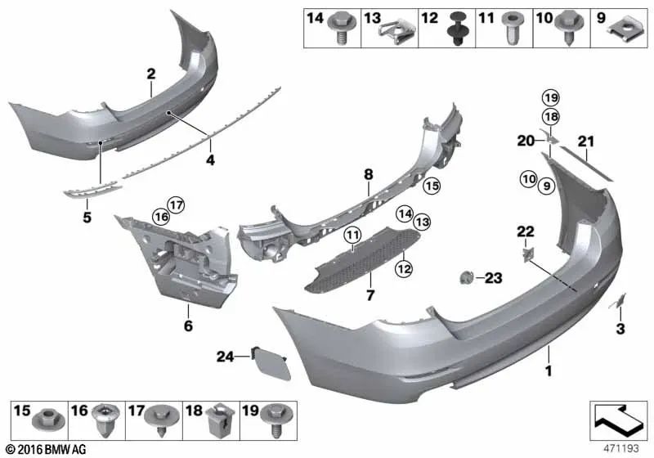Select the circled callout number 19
(549, 99)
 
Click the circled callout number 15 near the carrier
(432, 186)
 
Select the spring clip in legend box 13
(397, 33)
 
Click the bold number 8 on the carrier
(368, 174)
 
